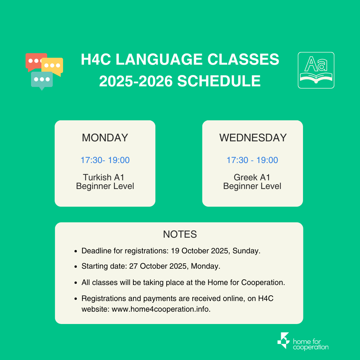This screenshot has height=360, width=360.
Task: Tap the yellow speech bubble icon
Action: [x=53, y=66]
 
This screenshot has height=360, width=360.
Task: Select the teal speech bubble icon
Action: [x=42, y=80]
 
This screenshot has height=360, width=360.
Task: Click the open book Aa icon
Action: [x=316, y=70]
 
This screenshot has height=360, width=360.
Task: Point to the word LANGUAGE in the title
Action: [x=159, y=59]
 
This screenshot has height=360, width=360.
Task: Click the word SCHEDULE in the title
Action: [x=219, y=81]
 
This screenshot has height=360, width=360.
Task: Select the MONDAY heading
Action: [x=105, y=138]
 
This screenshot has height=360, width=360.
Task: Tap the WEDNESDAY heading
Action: [x=253, y=138]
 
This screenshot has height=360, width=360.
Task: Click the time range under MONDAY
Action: [x=105, y=160]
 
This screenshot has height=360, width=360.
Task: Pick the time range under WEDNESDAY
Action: [x=252, y=160]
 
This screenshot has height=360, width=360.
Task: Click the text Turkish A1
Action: [x=104, y=177]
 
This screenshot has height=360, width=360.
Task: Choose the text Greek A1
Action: [x=252, y=177]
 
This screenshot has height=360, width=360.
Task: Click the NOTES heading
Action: [x=180, y=234]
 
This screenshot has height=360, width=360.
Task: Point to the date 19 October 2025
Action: [x=200, y=251]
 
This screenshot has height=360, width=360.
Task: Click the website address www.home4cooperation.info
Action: [x=160, y=309]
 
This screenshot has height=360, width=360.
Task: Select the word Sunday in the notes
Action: [x=245, y=251]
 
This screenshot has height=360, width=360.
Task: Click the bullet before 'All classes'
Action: [x=76, y=283]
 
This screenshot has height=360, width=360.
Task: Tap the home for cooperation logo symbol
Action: [x=283, y=340]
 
